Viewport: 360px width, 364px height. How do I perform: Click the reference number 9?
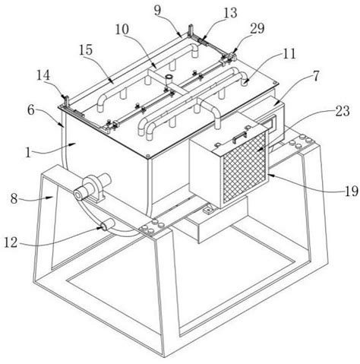coord(157,11)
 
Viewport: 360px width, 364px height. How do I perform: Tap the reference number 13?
coord(229,12)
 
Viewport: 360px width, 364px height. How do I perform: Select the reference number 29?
coord(257,28)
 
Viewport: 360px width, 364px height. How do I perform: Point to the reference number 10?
coord(122,30)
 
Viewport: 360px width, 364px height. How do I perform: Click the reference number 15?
coord(86,50)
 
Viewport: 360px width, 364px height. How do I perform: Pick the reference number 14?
coord(43,76)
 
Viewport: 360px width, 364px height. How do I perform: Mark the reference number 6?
coord(30,110)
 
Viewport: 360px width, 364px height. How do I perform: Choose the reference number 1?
coord(28,154)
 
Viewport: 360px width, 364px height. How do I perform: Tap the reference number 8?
coord(14,199)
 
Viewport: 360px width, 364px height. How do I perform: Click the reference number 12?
coord(11,242)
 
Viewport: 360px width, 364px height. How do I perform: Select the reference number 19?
coord(352,191)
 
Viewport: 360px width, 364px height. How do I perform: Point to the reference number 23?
coord(343,111)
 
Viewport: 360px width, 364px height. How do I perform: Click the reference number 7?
coord(316,76)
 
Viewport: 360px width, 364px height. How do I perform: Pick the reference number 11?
coord(289,54)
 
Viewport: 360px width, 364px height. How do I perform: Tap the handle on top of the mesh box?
coord(240,135)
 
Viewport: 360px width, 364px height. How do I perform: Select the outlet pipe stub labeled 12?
coord(108,224)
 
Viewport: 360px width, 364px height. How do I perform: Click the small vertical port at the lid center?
coord(169,81)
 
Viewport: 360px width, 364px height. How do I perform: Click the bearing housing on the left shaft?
coord(96,188)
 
